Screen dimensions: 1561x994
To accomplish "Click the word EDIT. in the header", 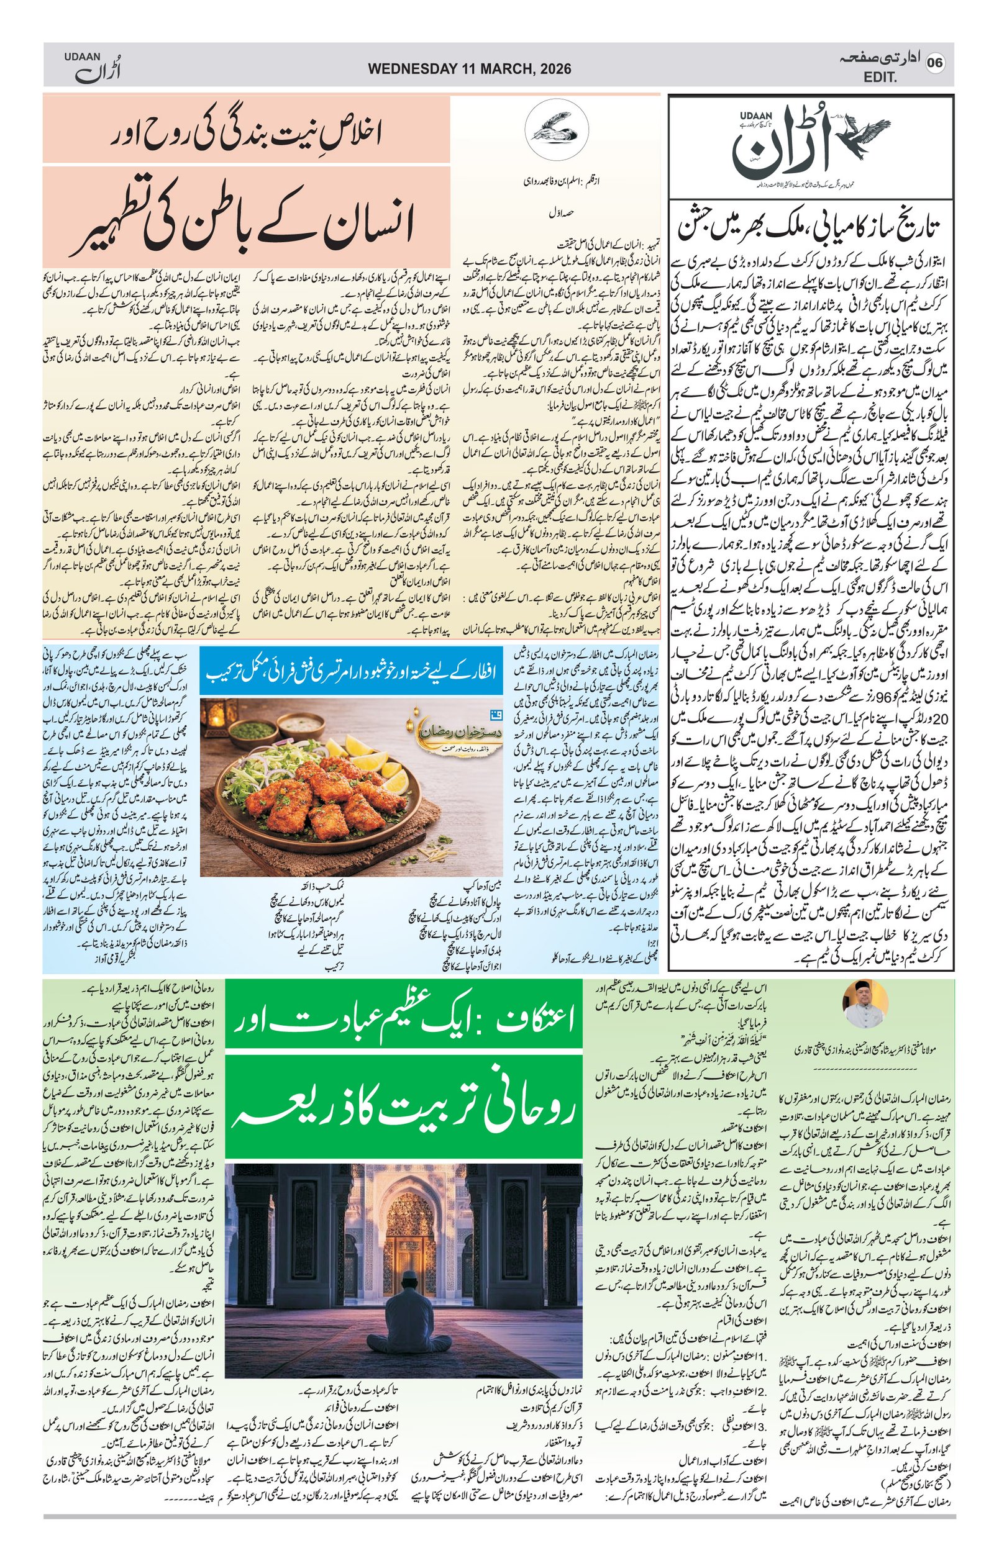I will (x=880, y=77).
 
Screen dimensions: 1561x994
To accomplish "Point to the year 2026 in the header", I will (x=552, y=69).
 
